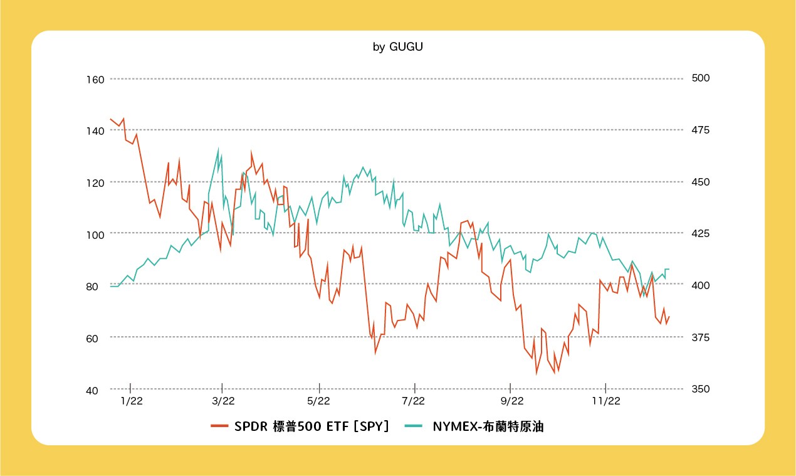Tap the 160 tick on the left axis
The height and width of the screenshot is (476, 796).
(x=97, y=80)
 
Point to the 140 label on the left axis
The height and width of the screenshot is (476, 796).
(x=97, y=130)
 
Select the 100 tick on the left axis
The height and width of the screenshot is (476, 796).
(x=97, y=234)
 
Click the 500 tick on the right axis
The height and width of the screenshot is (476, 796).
(x=700, y=78)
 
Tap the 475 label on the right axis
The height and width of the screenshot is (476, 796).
(x=700, y=130)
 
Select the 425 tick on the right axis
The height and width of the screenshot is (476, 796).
(x=700, y=234)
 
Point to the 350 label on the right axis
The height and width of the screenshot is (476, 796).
(x=700, y=389)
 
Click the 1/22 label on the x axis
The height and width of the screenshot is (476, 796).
(x=131, y=401)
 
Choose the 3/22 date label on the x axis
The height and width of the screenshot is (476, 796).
(x=223, y=401)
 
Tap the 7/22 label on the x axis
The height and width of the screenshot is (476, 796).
(x=414, y=401)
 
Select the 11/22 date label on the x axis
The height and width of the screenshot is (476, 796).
(x=605, y=401)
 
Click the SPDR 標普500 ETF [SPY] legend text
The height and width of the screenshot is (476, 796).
(x=312, y=426)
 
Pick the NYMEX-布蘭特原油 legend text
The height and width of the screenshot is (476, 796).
(x=488, y=426)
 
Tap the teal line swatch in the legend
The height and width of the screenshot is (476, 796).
(x=413, y=426)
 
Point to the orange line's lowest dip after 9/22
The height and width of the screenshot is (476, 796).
(x=537, y=374)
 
